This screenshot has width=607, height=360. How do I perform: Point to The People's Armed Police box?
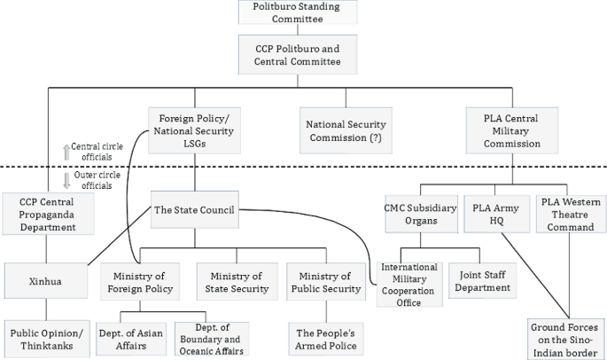pos(324,338)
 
